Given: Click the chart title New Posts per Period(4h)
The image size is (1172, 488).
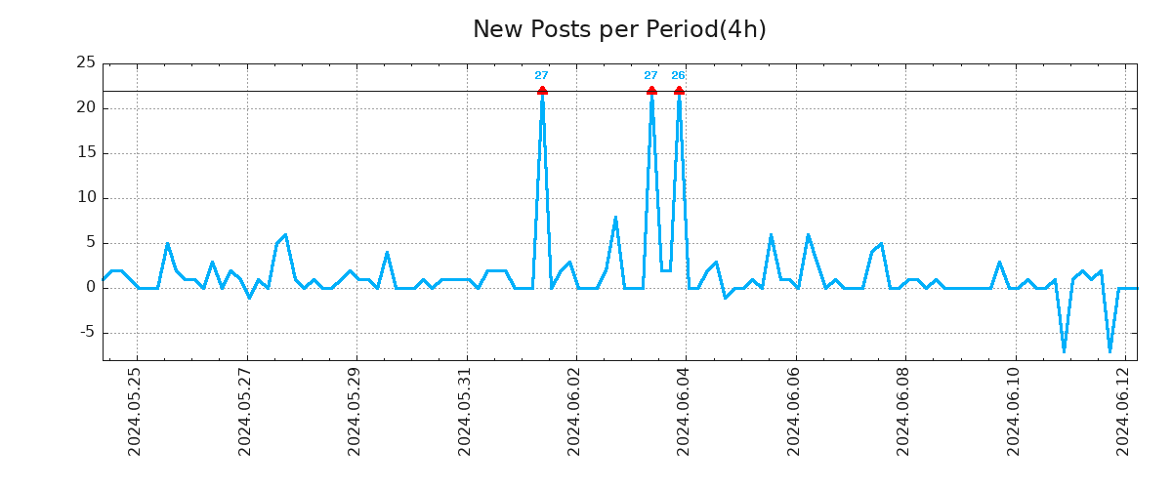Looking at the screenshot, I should pyautogui.click(x=619, y=29).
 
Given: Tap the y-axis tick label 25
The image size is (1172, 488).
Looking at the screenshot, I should pyautogui.click(x=86, y=62).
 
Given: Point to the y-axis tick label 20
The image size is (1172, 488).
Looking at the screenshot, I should pyautogui.click(x=86, y=107).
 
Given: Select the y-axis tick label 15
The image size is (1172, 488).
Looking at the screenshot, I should pyautogui.click(x=86, y=152).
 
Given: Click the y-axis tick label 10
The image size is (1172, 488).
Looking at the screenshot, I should pyautogui.click(x=86, y=197).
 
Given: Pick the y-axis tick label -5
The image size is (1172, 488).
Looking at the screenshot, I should pyautogui.click(x=86, y=332).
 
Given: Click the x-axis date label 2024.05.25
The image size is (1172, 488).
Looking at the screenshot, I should pyautogui.click(x=136, y=411).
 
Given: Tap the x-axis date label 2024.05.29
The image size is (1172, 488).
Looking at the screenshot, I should pyautogui.click(x=355, y=411).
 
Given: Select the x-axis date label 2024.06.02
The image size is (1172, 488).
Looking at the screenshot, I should pyautogui.click(x=574, y=411).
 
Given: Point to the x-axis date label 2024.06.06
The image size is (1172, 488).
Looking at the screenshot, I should pyautogui.click(x=794, y=411).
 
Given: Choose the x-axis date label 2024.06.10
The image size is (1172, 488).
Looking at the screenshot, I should pyautogui.click(x=1014, y=411).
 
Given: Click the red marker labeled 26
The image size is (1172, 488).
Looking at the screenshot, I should pyautogui.click(x=679, y=91).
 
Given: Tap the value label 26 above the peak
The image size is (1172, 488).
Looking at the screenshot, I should pyautogui.click(x=678, y=76).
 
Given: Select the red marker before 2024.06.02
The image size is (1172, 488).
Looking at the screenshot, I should pyautogui.click(x=542, y=91).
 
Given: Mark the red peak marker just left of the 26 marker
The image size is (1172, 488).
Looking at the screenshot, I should pyautogui.click(x=651, y=91).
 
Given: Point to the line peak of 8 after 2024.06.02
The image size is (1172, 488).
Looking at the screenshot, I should pyautogui.click(x=615, y=217).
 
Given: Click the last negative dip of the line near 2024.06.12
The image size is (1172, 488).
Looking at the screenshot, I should pyautogui.click(x=1109, y=350).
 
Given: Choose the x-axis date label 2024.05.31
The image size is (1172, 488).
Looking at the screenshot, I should pyautogui.click(x=465, y=411).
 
